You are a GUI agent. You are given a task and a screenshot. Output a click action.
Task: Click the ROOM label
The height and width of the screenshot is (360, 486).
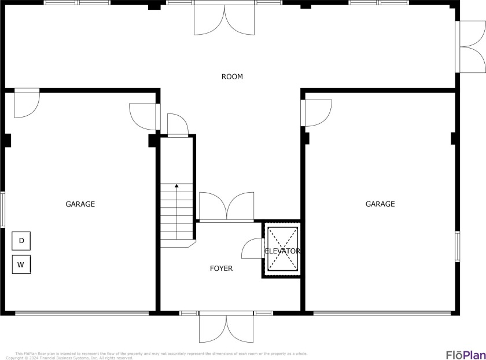pos(232,76)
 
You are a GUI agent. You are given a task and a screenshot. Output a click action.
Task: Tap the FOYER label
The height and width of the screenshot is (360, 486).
pos(221,269)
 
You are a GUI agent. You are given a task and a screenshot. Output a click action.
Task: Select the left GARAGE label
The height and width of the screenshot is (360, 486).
pos(80,204)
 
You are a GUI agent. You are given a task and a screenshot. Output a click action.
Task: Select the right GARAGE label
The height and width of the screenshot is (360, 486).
pos(380,204)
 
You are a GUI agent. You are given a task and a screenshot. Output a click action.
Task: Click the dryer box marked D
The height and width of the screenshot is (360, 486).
pos(21,241)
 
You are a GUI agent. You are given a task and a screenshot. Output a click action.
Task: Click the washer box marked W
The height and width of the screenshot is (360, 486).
pos(21,265)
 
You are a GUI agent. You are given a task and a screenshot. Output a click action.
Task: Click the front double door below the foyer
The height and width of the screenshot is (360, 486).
pos(226,327)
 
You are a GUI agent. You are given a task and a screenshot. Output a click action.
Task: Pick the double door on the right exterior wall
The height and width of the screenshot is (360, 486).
pos(470,47)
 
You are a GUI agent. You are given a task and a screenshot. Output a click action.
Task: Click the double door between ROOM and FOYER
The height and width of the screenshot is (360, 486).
pos(226,207)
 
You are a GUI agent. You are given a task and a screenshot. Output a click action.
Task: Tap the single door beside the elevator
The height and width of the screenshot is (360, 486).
pos(252,249)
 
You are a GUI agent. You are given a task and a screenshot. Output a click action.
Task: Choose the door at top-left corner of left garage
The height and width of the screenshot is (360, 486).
pos(27,104)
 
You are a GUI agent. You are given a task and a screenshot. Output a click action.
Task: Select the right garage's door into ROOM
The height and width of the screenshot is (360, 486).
pos(316,112)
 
